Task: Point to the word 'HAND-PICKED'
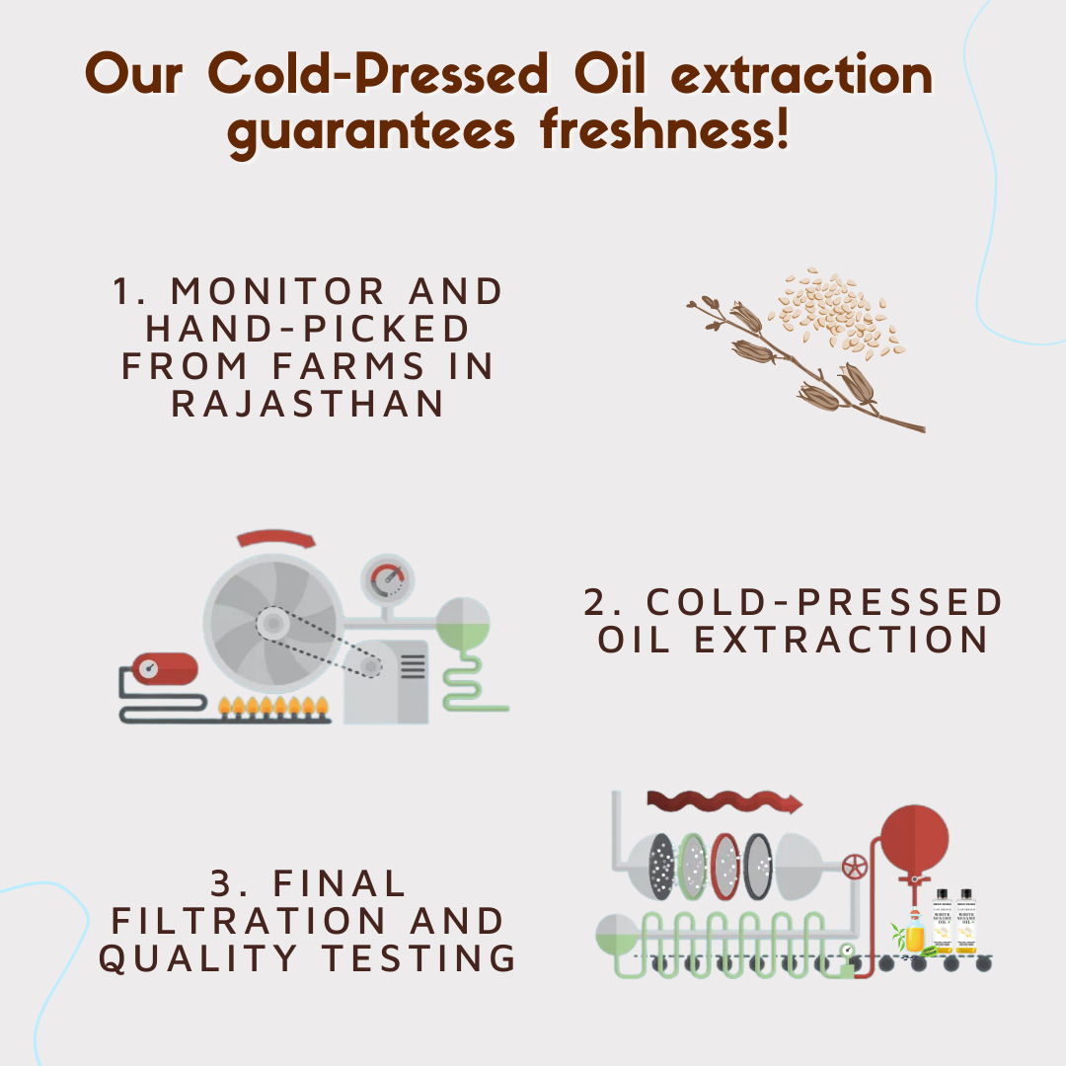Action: coord(308,329)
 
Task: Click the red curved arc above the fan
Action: coord(276,539)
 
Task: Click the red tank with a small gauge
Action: coord(165,669)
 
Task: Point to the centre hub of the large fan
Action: coord(271,623)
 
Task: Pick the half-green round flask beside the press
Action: coord(463,623)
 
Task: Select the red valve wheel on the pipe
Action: coord(854,869)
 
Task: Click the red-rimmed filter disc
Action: coord(725,866)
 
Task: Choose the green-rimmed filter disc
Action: coord(694,866)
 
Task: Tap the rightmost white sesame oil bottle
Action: coord(966,923)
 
